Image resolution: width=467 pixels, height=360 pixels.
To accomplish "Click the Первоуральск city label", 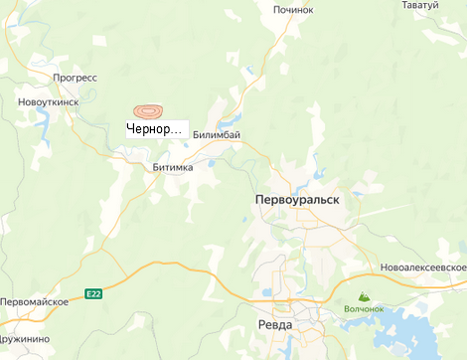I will [297, 200].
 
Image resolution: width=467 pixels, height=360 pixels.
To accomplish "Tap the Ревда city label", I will [274, 325].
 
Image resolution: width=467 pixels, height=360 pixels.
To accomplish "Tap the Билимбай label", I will [217, 134].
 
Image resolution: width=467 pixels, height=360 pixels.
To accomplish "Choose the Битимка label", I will [173, 168].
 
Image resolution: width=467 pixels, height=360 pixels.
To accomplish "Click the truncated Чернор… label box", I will [157, 129].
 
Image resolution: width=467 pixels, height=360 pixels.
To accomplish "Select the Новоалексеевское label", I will [422, 269].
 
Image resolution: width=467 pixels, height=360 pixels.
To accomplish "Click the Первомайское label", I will [34, 301].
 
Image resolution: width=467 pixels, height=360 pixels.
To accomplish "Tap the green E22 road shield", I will [93, 293].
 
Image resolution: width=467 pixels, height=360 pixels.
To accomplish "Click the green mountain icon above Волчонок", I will [363, 296].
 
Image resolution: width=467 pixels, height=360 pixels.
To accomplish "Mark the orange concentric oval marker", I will [149, 112].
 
